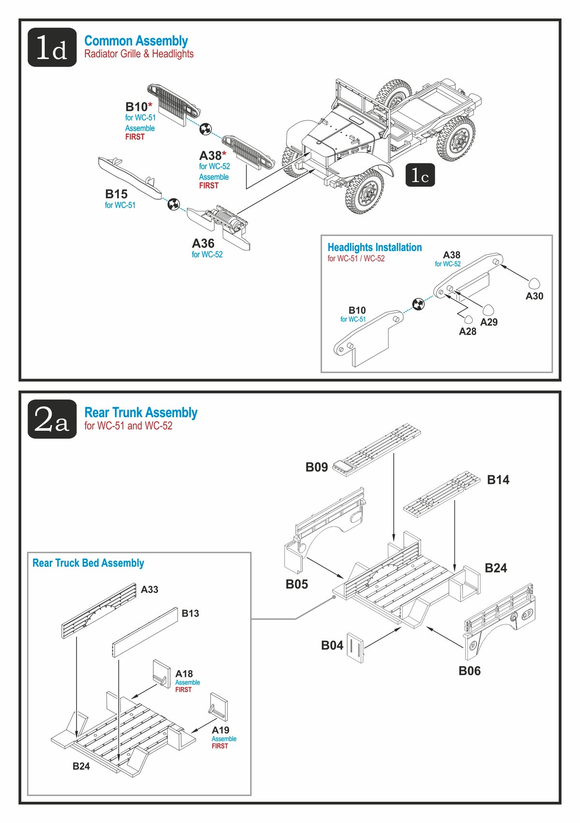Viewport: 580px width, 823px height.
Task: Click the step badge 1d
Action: tap(52, 47)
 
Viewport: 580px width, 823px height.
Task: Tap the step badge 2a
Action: tap(52, 419)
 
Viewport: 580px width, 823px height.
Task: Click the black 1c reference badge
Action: tap(420, 175)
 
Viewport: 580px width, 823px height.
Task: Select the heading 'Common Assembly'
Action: tap(136, 41)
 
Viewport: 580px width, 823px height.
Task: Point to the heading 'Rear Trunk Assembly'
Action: tap(141, 412)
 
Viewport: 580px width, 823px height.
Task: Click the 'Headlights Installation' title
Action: tap(375, 248)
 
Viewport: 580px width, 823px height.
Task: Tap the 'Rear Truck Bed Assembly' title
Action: tap(88, 563)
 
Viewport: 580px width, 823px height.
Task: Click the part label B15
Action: tap(116, 194)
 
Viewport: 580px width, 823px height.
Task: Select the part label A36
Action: tap(203, 243)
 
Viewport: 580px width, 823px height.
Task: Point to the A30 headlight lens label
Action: tap(534, 296)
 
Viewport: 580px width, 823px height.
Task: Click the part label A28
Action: tap(467, 331)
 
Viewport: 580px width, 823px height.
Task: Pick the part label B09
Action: tap(317, 467)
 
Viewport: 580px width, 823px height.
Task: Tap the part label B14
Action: tap(498, 480)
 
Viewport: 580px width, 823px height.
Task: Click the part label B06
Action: tap(469, 671)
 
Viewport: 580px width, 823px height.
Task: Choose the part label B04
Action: tap(332, 645)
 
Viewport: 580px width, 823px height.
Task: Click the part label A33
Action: tap(149, 589)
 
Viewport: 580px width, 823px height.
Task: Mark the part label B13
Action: tap(190, 613)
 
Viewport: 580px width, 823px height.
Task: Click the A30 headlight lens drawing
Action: tap(534, 284)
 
